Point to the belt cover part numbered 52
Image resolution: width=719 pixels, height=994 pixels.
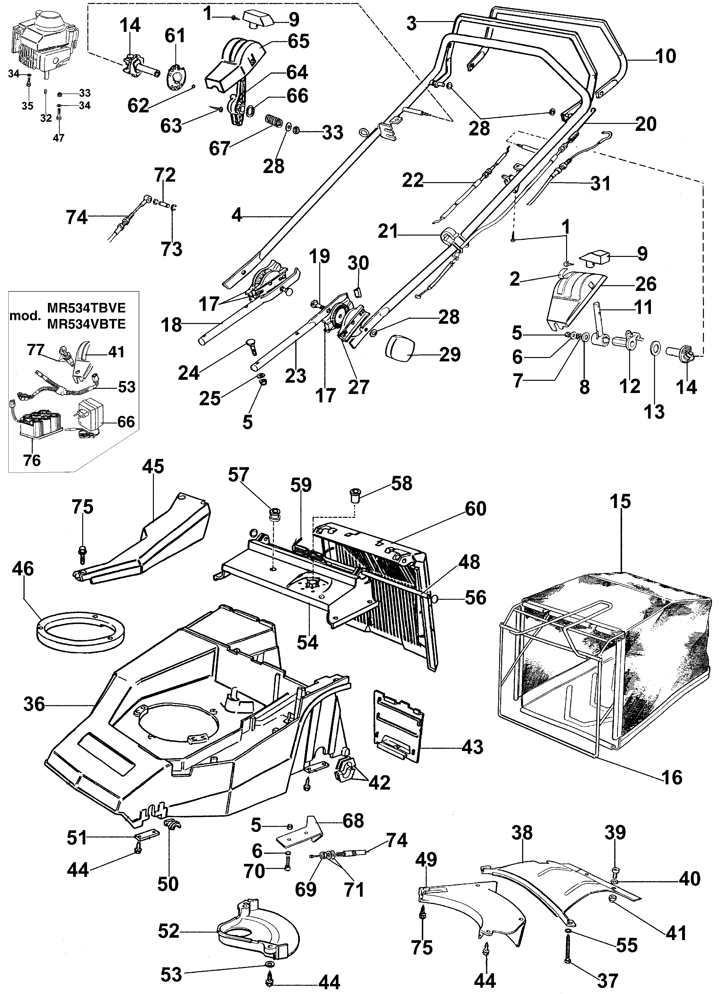coord(259,920)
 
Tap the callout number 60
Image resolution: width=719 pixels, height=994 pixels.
coord(476,509)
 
